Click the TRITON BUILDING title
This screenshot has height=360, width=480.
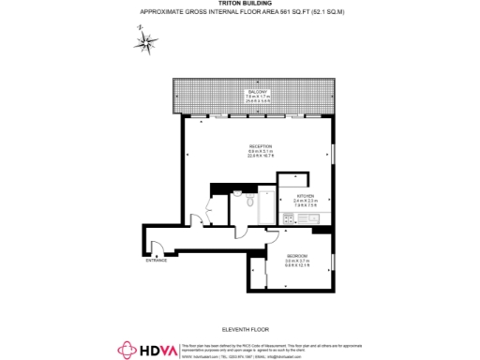point(239,4)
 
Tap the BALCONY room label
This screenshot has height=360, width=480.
point(258,91)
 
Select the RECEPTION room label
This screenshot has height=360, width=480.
point(260,146)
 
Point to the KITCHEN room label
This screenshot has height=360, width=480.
point(307,195)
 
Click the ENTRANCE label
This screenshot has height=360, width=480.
point(156,260)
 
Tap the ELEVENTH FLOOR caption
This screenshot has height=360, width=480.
point(240,329)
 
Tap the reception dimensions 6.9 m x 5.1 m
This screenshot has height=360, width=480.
point(260,152)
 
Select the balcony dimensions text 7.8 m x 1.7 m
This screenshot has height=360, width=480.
point(258,97)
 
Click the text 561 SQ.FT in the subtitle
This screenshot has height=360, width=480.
point(285,11)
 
